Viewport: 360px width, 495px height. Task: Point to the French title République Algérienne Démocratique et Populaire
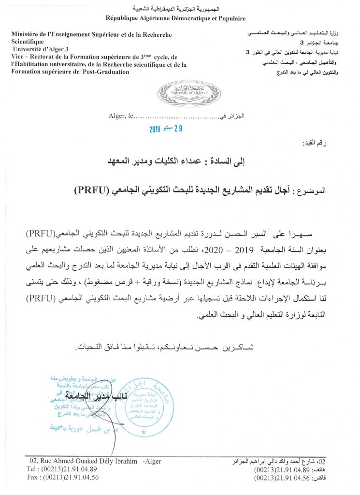click(x=176, y=18)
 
